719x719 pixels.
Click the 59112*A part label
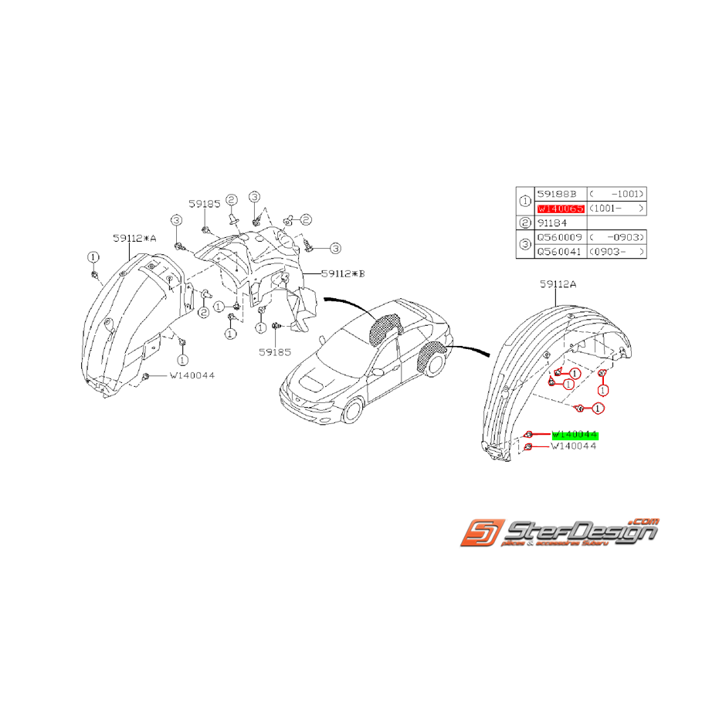coord(134,239)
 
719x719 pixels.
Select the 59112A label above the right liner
coord(558,284)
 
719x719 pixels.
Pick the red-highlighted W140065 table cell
coord(560,209)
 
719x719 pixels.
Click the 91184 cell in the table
coord(553,223)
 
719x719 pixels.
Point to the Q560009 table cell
coord(560,238)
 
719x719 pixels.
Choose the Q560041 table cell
coord(560,253)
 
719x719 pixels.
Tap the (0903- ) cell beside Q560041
coord(616,253)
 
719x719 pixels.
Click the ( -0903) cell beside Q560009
coord(616,238)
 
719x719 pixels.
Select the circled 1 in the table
coord(526,201)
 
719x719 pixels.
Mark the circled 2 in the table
coord(526,223)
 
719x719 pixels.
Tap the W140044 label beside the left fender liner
coord(192,375)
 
